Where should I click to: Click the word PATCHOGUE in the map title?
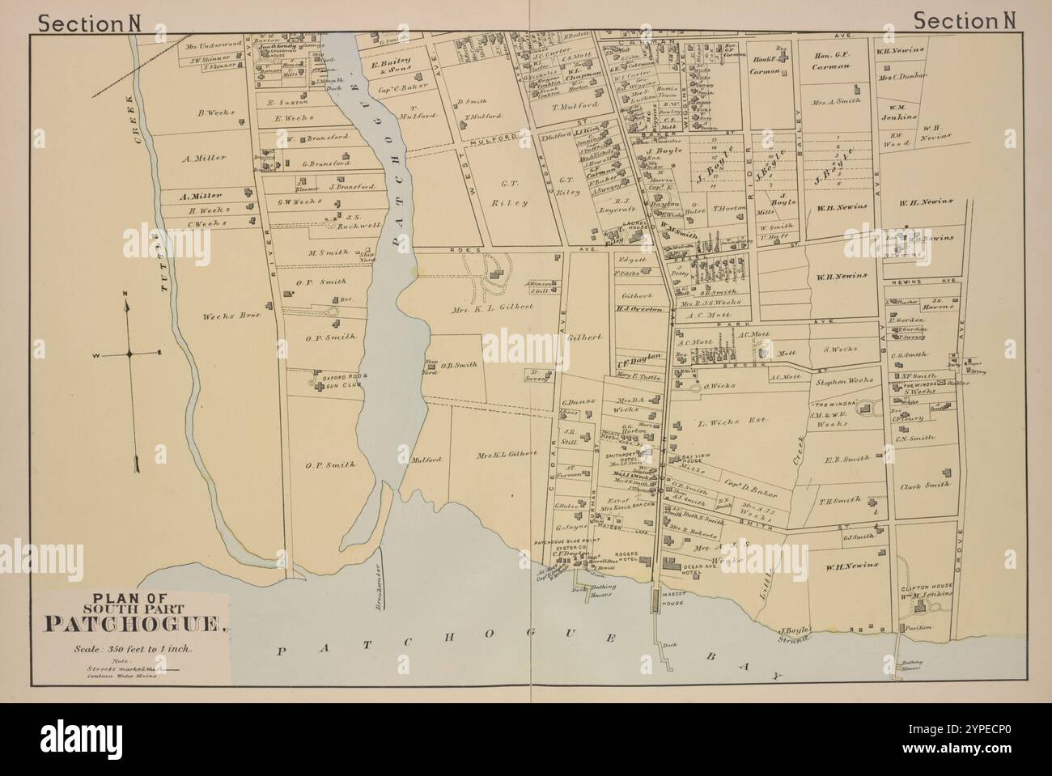pyautogui.click(x=134, y=624)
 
